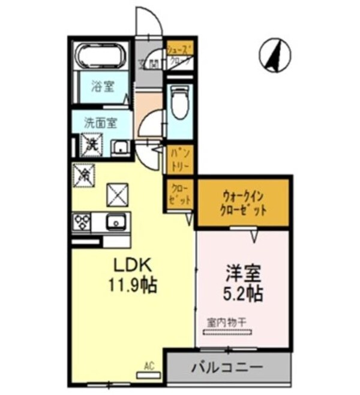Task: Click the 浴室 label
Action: [x=102, y=86]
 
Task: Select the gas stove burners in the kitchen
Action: [x=81, y=222]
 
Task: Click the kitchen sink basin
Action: [x=114, y=222]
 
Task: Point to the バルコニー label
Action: [x=227, y=366]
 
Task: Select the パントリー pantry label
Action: [x=179, y=157]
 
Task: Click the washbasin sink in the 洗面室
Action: [x=119, y=146]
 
